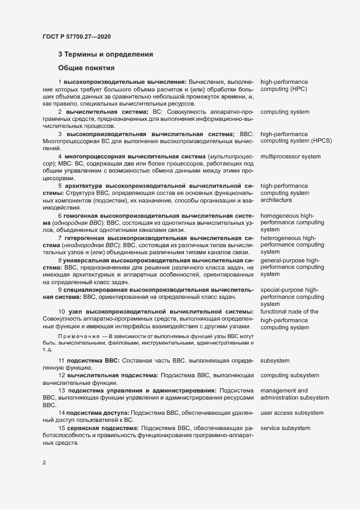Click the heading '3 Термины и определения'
coord(106,54)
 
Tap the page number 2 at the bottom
coord(44,463)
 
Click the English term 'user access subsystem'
coord(292,414)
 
